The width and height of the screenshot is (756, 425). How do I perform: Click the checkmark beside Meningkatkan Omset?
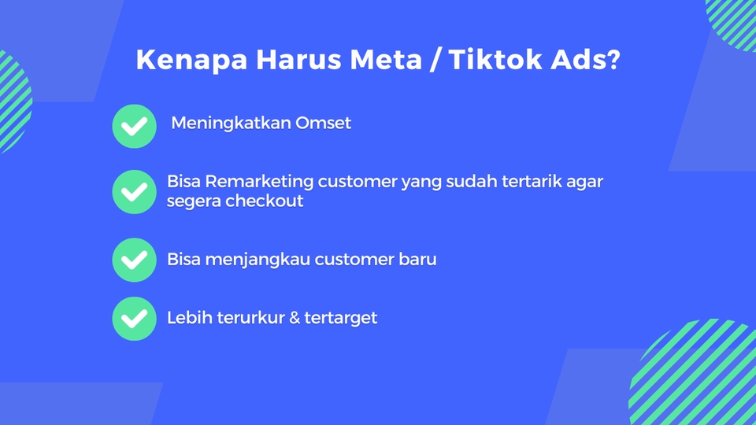click(x=135, y=126)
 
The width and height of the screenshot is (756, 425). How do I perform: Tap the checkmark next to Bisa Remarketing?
click(x=135, y=191)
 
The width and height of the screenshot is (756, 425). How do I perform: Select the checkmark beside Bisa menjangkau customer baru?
click(x=135, y=260)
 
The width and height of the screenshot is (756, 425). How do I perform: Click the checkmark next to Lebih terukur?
click(x=135, y=319)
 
